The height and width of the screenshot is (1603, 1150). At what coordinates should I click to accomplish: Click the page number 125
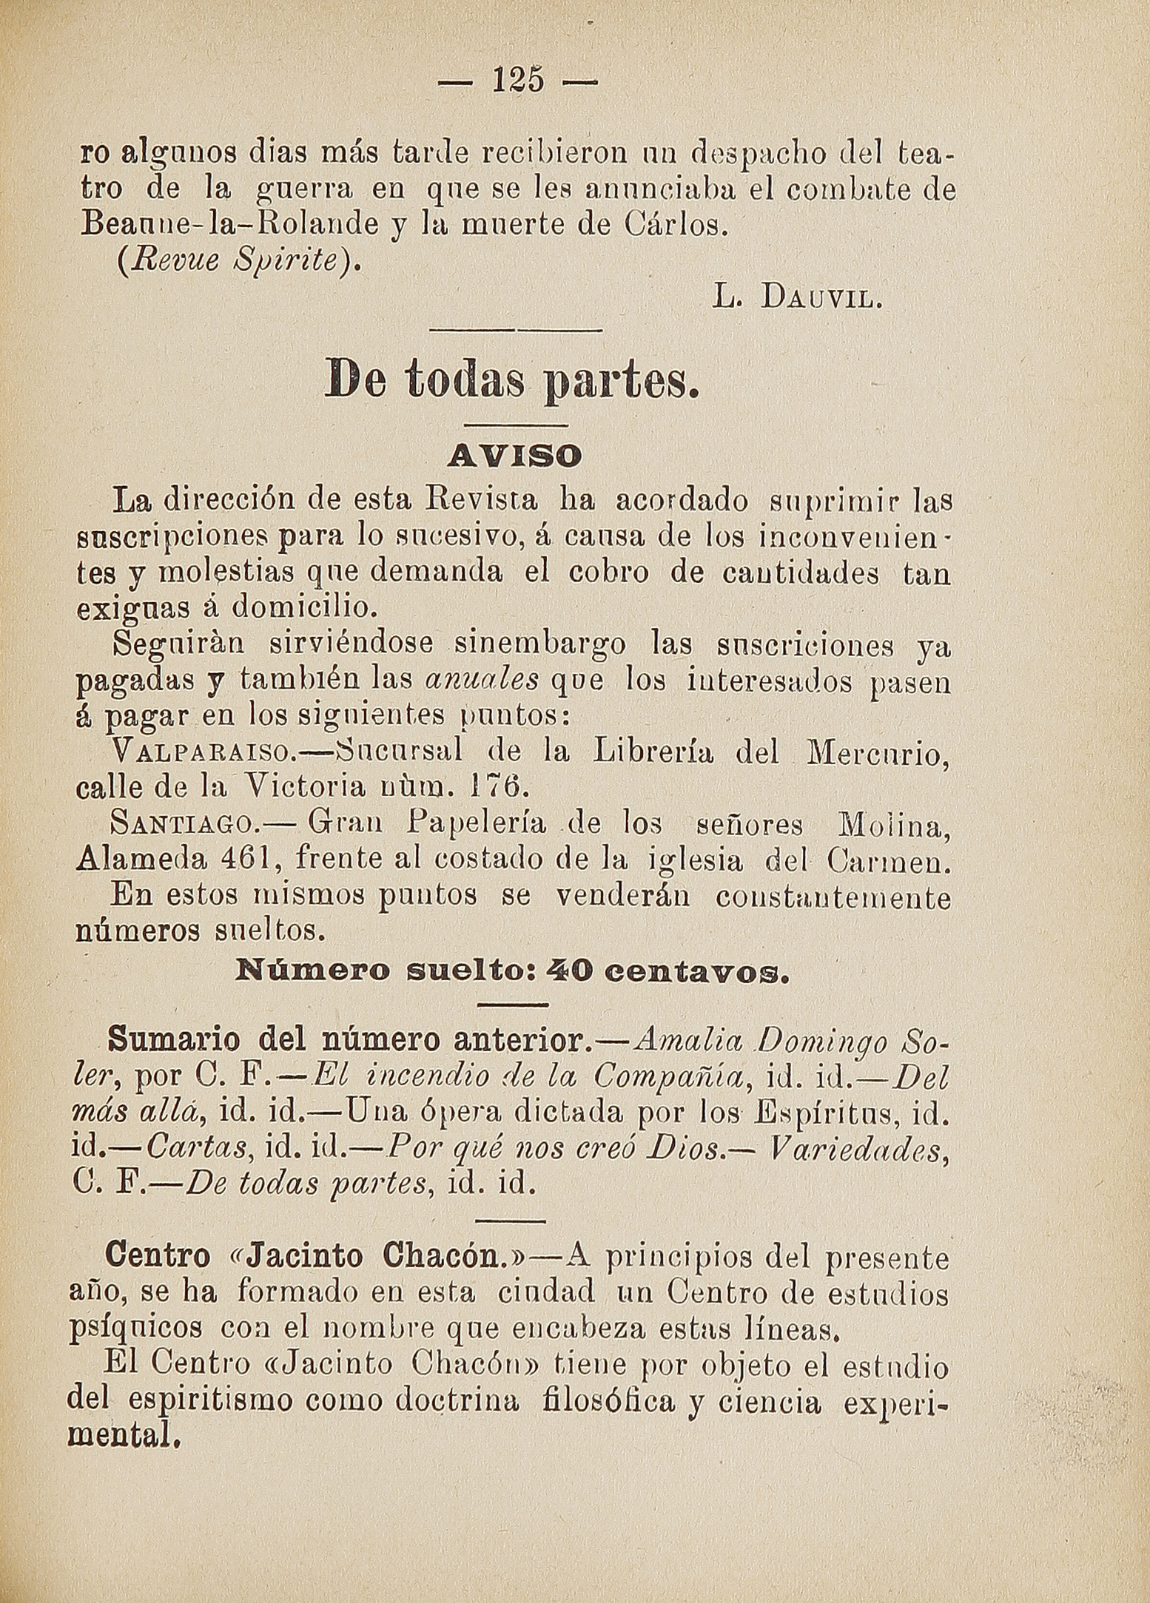click(x=517, y=80)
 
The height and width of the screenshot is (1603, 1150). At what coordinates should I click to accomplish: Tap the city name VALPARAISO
click(x=203, y=755)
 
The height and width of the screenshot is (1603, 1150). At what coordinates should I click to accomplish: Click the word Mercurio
click(x=875, y=754)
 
